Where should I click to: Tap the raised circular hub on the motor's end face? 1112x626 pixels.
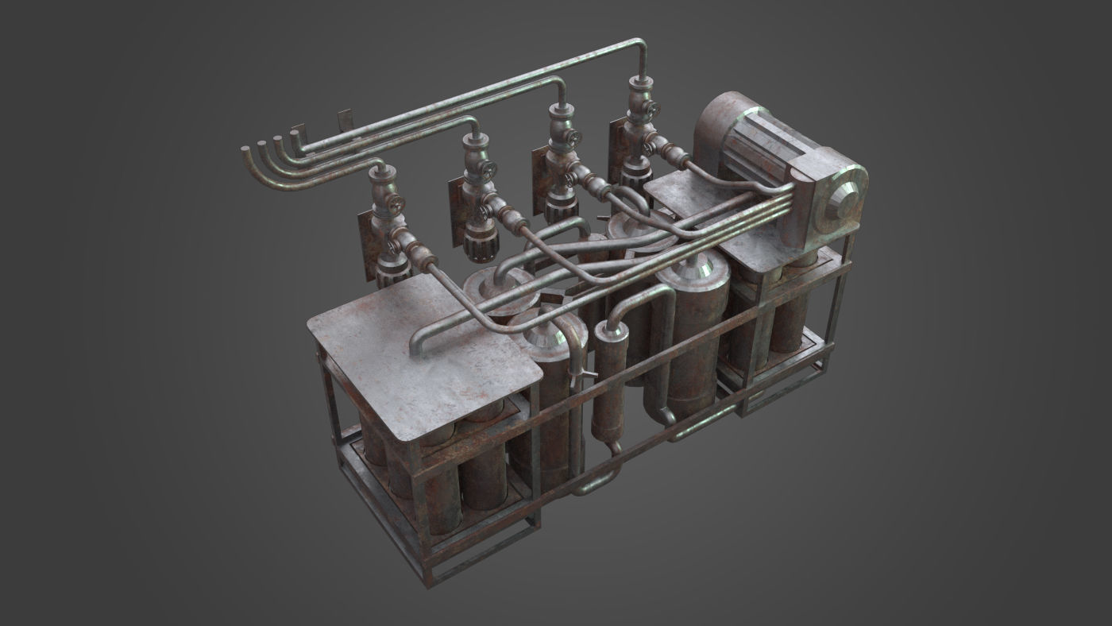pos(844,199)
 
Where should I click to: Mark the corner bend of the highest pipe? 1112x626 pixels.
pos(640,44)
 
